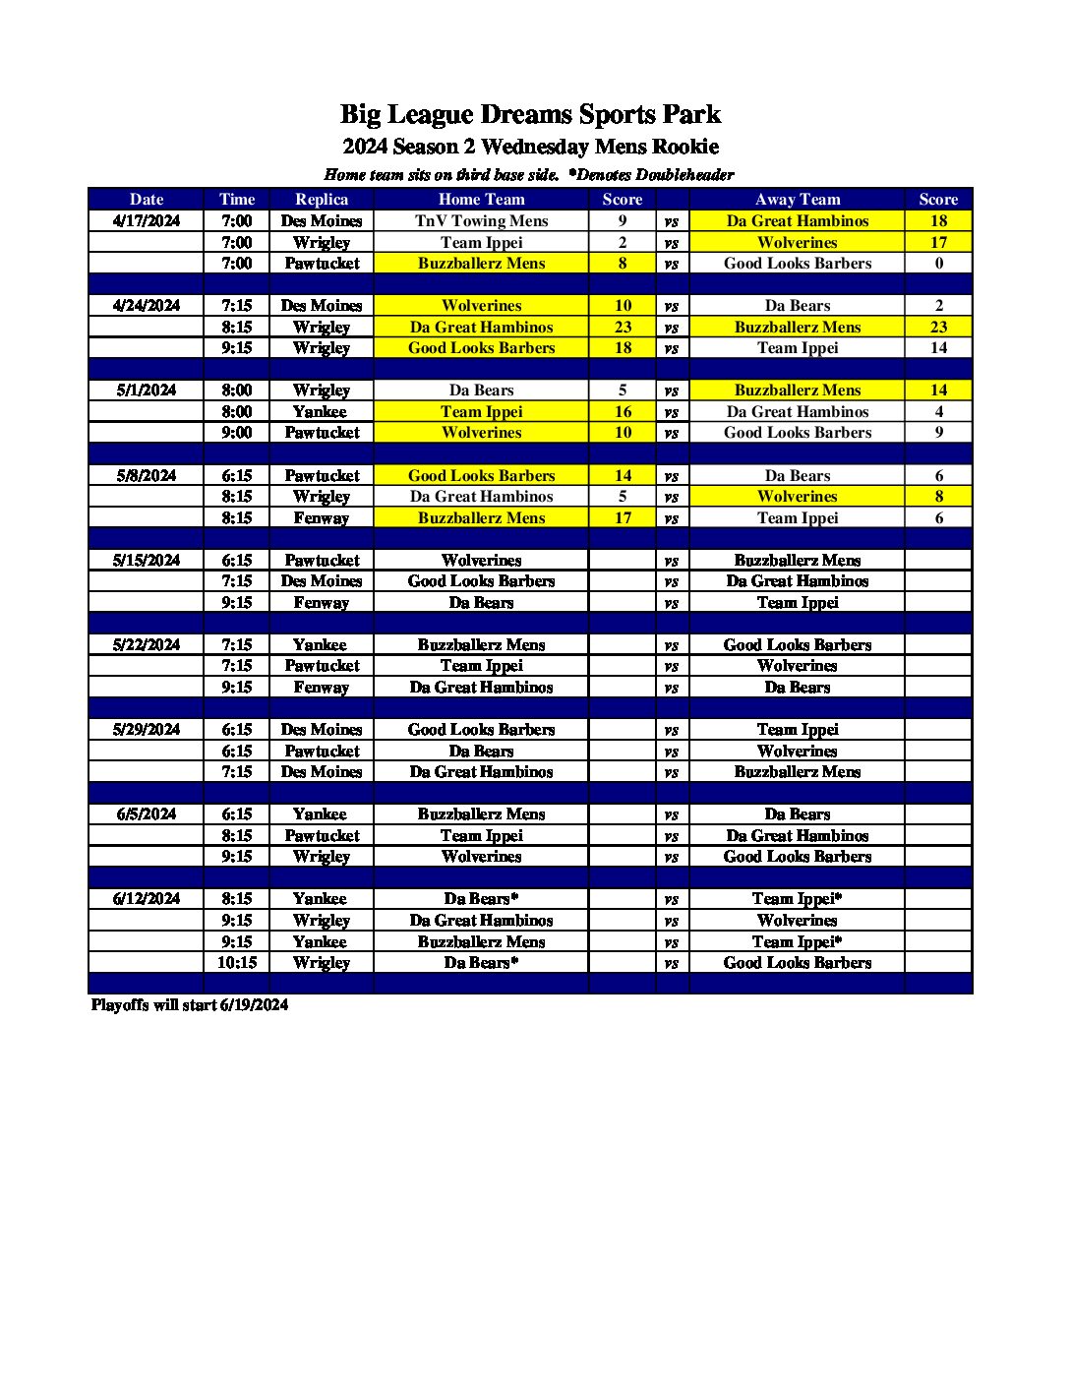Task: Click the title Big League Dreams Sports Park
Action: pyautogui.click(x=530, y=115)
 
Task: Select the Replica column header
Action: pyautogui.click(x=322, y=200)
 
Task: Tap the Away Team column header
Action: pyautogui.click(x=797, y=200)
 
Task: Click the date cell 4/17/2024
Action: pyautogui.click(x=147, y=221)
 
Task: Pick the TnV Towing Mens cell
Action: pyautogui.click(x=481, y=221)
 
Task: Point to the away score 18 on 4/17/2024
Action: pyautogui.click(x=938, y=221)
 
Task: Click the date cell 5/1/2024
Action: pyautogui.click(x=147, y=391)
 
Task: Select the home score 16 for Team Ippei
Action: pyautogui.click(x=623, y=412)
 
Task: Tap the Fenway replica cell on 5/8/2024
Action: pyautogui.click(x=322, y=518)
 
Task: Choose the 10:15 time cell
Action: pyautogui.click(x=237, y=963)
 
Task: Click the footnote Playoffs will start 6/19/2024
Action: pyautogui.click(x=190, y=1005)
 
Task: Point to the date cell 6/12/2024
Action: pyautogui.click(x=147, y=899)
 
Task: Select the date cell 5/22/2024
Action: pyautogui.click(x=147, y=645)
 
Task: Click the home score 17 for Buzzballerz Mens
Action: pyautogui.click(x=623, y=518)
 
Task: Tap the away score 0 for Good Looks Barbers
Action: pyautogui.click(x=938, y=264)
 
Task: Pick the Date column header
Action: pyautogui.click(x=147, y=200)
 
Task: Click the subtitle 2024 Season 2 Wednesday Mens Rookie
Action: pyautogui.click(x=530, y=148)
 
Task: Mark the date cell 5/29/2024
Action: pyautogui.click(x=147, y=730)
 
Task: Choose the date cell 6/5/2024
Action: pyautogui.click(x=147, y=814)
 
